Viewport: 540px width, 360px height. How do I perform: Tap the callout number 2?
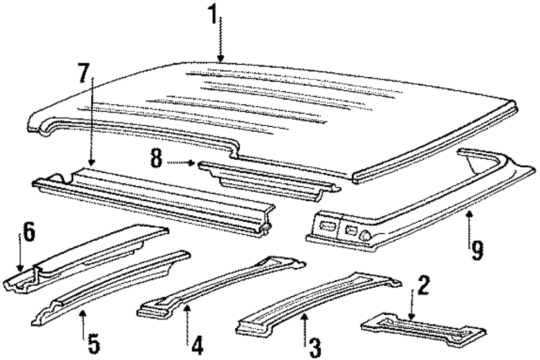424,286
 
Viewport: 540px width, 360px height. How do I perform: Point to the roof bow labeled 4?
221,286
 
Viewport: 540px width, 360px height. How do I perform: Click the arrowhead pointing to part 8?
192,162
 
